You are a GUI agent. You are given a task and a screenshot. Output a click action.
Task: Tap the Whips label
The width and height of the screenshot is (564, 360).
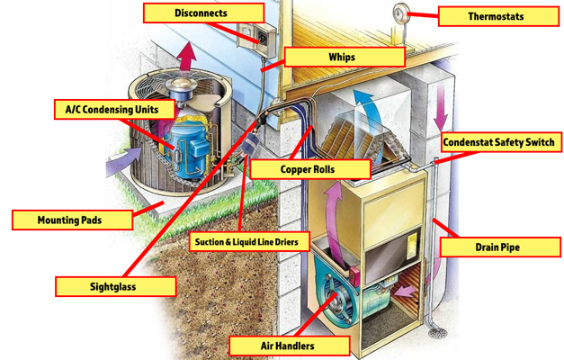(341, 58)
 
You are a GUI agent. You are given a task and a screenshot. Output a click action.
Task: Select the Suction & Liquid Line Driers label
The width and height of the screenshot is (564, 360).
(250, 242)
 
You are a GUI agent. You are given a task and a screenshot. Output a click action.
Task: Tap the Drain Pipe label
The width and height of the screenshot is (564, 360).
(497, 246)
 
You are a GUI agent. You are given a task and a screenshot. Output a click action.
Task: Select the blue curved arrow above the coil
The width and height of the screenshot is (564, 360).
(363, 99)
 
